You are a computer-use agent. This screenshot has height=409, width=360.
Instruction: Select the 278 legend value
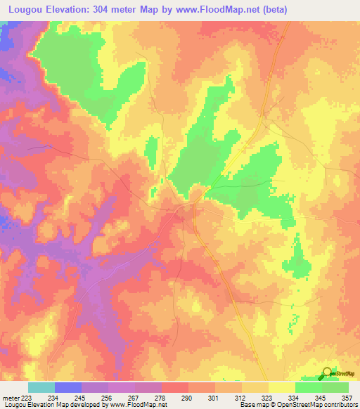(161, 398)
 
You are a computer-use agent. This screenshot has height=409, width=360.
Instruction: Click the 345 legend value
(319, 398)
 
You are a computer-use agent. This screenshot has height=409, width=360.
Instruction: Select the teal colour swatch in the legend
(41, 387)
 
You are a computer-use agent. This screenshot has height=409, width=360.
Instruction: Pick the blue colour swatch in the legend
(67, 387)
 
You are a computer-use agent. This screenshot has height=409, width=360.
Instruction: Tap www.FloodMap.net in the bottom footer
(138, 405)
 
